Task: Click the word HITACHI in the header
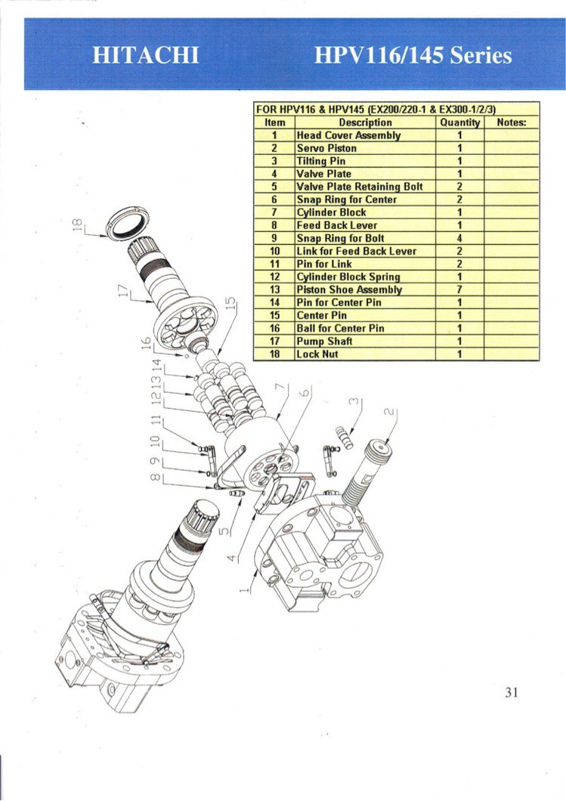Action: (145, 56)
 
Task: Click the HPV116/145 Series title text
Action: (413, 56)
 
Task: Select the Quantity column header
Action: (459, 122)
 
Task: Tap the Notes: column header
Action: (511, 122)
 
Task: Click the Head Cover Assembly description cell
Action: (348, 135)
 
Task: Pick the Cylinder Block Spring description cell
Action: (348, 277)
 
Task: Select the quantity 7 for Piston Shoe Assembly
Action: (459, 289)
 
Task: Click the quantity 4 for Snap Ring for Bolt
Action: (459, 238)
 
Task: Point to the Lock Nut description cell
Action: (317, 354)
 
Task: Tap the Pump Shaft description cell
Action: (324, 341)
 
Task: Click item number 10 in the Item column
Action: (275, 251)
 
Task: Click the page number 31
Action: (511, 692)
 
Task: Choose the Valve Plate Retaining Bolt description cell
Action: (360, 187)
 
